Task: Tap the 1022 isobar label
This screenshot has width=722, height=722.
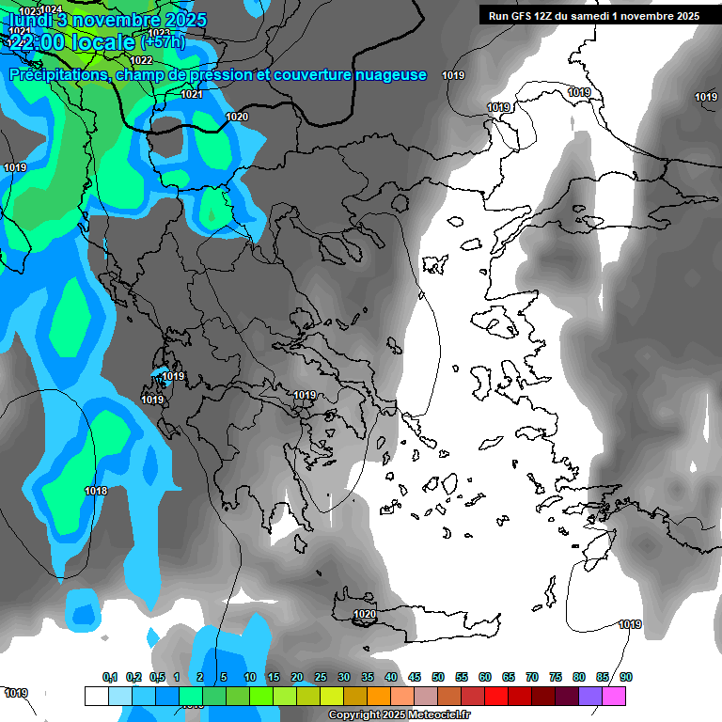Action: (141, 60)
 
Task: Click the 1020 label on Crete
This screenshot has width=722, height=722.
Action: (364, 615)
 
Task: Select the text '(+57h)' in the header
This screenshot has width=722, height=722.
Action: (163, 41)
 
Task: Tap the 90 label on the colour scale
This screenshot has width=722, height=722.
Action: (625, 677)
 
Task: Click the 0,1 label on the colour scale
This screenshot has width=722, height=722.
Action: (110, 677)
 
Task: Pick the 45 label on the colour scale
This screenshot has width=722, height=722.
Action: (415, 677)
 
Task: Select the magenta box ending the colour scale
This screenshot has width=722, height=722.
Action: (614, 696)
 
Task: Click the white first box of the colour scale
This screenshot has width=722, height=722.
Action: (96, 696)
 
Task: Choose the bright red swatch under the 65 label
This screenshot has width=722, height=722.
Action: (496, 696)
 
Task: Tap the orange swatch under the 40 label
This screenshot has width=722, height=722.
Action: (379, 696)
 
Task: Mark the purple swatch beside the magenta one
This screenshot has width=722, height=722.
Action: (590, 696)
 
